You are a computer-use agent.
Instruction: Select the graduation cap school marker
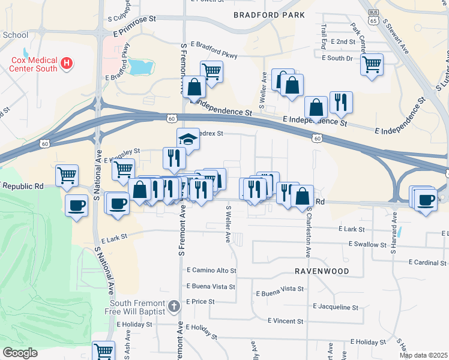[x=188, y=140]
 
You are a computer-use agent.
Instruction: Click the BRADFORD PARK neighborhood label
[x=269, y=14]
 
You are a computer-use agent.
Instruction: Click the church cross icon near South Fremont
[x=173, y=307]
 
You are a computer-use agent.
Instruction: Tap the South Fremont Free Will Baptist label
[x=130, y=307]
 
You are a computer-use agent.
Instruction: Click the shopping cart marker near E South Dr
[x=372, y=64]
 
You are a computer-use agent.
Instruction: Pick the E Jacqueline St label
[x=336, y=307]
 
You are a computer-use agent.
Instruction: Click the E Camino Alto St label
[x=212, y=271]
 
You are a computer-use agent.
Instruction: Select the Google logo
[x=20, y=353]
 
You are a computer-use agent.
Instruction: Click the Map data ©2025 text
[x=423, y=355]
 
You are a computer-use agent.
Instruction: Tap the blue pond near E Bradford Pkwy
[x=141, y=67]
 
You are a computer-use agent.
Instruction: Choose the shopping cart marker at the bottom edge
[x=103, y=350]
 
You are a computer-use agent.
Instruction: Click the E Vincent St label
[x=286, y=321]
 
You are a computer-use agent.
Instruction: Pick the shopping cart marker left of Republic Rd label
[x=67, y=175]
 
